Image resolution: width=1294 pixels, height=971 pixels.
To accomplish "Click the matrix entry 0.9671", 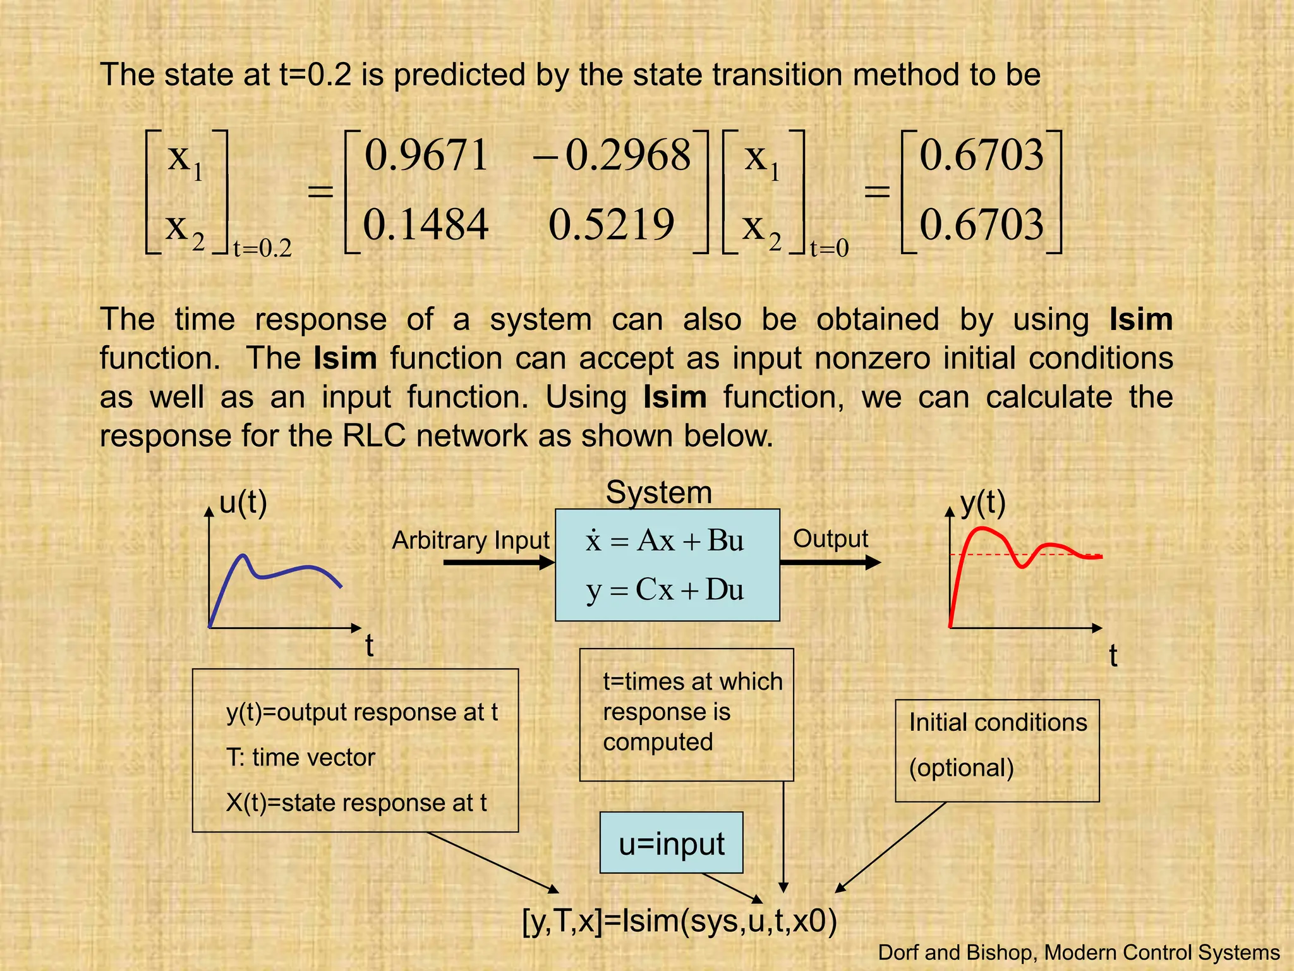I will point(426,156).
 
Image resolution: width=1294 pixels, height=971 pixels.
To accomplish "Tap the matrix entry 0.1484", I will point(426,225).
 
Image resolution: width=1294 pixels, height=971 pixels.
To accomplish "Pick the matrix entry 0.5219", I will point(611,225).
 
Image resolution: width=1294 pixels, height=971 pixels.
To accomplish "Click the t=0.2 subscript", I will point(263,248).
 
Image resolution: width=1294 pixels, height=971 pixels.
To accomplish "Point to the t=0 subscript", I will point(829,248).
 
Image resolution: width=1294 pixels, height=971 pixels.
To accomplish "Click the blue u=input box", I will point(671,843).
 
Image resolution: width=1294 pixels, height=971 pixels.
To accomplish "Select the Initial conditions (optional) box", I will point(997,750).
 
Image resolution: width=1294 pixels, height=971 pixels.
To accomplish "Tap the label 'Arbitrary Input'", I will point(471,540).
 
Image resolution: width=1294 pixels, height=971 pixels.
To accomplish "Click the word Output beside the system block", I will point(830,539).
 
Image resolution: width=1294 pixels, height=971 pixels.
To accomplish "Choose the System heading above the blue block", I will point(658,492).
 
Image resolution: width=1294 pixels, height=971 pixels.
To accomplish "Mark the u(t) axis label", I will point(243,503).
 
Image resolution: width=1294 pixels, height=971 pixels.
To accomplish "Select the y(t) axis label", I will point(983,503).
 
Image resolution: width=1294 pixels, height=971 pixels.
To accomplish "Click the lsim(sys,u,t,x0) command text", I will point(680,920).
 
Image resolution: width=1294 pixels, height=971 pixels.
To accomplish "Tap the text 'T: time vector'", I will point(301,757).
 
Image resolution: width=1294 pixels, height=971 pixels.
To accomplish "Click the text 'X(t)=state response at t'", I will point(356,803).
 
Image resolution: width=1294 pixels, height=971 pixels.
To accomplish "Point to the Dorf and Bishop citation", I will point(1079,952).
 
